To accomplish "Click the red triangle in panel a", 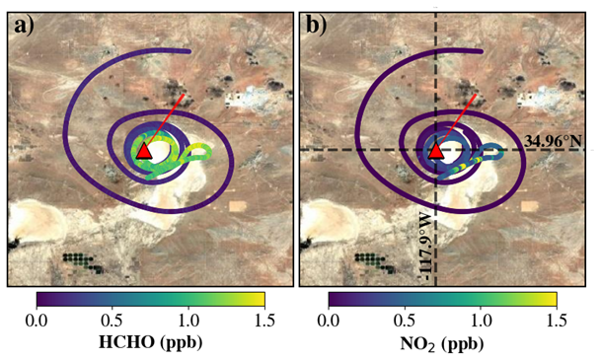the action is pyautogui.click(x=144, y=151).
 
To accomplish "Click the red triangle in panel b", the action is pyautogui.click(x=436, y=151).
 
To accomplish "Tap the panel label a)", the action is pyautogui.click(x=24, y=26).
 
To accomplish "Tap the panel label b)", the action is pyautogui.click(x=317, y=26).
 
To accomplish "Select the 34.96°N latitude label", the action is pyautogui.click(x=554, y=141).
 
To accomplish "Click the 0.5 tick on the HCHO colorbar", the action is pyautogui.click(x=112, y=320).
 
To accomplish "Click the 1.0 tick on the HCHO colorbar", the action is pyautogui.click(x=188, y=320).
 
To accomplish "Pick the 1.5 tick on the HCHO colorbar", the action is pyautogui.click(x=264, y=320).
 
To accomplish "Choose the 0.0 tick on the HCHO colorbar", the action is pyautogui.click(x=37, y=320).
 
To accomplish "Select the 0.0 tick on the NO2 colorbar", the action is pyautogui.click(x=329, y=320).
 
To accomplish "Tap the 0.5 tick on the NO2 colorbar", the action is pyautogui.click(x=405, y=320).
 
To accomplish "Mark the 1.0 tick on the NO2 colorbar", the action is pyautogui.click(x=481, y=320).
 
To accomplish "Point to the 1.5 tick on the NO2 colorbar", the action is pyautogui.click(x=557, y=320).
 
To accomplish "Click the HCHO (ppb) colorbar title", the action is pyautogui.click(x=150, y=342).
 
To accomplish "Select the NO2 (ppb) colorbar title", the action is pyautogui.click(x=442, y=343).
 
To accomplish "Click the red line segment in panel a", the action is pyautogui.click(x=165, y=121).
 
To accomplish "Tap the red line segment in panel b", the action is pyautogui.click(x=457, y=121).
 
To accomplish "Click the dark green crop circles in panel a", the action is pyautogui.click(x=83, y=262).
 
